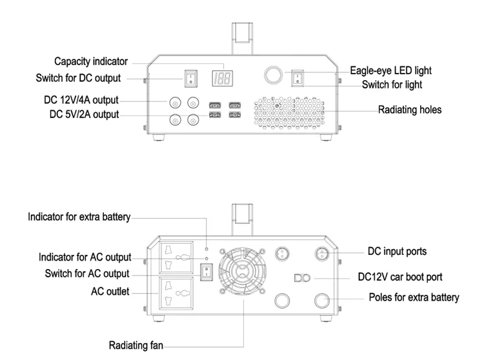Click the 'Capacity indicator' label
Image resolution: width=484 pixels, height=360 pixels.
tap(91, 61)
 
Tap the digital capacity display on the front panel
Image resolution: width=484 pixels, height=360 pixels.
tap(222, 78)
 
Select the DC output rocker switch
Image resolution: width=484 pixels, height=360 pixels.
tap(191, 78)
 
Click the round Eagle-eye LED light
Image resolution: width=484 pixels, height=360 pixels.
tap(273, 75)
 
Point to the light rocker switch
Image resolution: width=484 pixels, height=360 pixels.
tap(297, 78)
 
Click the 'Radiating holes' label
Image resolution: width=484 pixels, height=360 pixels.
tap(410, 110)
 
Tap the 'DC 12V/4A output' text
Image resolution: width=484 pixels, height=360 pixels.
tap(81, 100)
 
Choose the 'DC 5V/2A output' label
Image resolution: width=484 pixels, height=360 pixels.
tap(85, 114)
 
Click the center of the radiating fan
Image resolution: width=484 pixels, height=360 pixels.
tap(242, 272)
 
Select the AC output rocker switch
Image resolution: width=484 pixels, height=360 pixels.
tap(207, 272)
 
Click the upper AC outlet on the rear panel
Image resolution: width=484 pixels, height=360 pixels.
tap(176, 257)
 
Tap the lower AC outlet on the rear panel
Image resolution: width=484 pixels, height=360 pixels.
tap(176, 293)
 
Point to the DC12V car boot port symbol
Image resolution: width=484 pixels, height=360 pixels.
tap(302, 278)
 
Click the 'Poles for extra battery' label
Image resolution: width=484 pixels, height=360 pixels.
tap(414, 297)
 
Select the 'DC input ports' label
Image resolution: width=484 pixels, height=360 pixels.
tap(398, 252)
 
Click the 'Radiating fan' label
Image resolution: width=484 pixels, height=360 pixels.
tap(136, 345)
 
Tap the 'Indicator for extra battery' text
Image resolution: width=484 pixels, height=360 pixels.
tap(79, 217)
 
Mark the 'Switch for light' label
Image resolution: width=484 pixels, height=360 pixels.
tap(392, 85)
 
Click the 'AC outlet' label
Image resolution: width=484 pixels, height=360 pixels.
tap(110, 292)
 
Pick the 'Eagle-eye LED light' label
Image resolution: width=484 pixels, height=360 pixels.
tap(391, 70)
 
